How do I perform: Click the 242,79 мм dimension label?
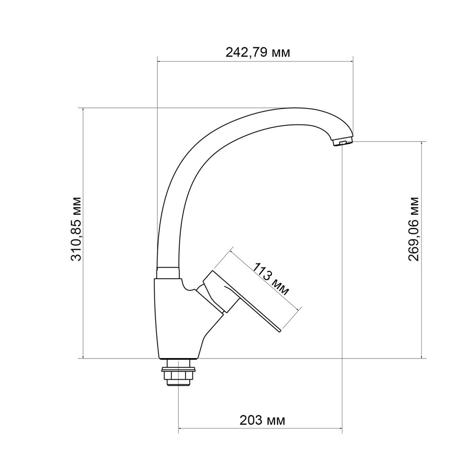(257, 53)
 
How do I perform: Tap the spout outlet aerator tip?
(343, 142)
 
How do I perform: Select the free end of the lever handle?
(279, 331)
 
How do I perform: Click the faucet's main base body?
(175, 322)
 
